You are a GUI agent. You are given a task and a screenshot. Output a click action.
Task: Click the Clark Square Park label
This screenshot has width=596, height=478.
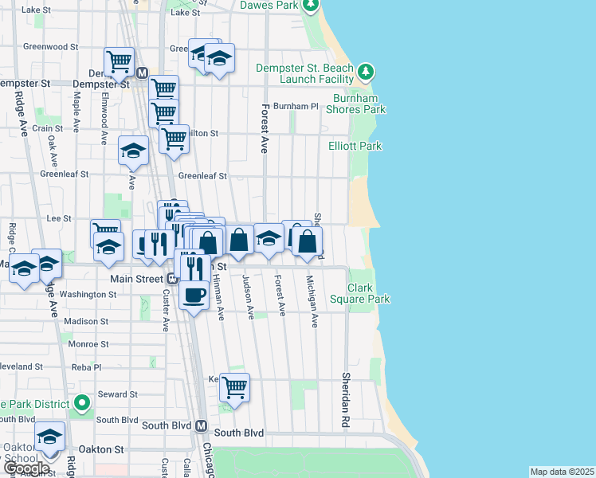[x=369, y=293]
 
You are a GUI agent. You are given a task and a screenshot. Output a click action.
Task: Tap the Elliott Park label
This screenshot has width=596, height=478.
[x=355, y=146]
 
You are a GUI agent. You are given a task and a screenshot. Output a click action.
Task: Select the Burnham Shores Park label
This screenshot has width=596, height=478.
[x=359, y=104]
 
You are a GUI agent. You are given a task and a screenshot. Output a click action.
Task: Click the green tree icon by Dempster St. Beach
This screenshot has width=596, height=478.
[x=366, y=73]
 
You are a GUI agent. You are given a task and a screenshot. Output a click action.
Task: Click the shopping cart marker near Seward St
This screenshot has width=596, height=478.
[x=234, y=388]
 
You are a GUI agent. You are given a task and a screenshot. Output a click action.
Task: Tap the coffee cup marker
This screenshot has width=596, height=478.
[x=194, y=296]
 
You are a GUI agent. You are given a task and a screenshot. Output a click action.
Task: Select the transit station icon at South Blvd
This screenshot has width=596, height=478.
[x=202, y=425]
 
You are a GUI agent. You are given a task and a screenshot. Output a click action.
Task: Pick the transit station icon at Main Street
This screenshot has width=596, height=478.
[x=171, y=279]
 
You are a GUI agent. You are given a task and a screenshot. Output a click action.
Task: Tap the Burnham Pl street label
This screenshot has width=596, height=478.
[x=295, y=106]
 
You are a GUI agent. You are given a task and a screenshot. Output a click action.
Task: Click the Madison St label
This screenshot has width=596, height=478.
[x=85, y=321]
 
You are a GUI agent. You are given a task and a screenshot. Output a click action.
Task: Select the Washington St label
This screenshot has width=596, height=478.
[x=88, y=294]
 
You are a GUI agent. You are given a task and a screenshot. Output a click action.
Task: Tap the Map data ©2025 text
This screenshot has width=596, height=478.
[x=561, y=472]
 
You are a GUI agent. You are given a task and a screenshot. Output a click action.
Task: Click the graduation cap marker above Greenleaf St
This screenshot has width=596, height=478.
[x=133, y=150]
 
